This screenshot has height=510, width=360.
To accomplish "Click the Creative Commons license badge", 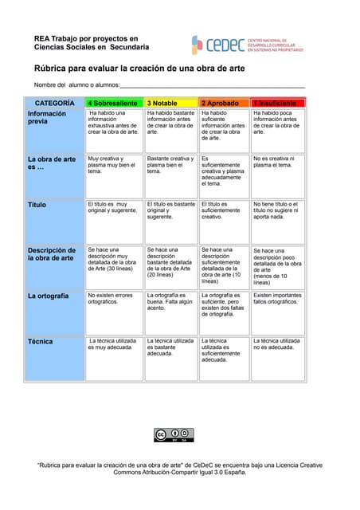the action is [174, 434].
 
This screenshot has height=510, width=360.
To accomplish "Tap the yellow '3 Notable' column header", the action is [170, 103].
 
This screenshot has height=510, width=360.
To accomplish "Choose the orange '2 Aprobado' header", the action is [223, 103].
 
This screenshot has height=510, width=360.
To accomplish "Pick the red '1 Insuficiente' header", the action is [276, 103].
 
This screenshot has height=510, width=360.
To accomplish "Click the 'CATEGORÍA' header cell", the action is [55, 103].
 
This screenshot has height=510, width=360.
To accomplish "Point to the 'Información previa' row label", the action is [48, 118].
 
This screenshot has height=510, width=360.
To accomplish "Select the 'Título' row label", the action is [37, 205].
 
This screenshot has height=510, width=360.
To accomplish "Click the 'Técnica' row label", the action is [41, 341].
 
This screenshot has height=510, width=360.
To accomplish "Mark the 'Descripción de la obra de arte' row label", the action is [52, 253].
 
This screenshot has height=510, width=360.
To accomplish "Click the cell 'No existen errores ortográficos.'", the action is [112, 299].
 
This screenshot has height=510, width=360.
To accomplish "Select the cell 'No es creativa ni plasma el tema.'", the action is [276, 162].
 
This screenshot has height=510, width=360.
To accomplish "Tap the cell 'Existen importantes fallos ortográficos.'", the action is [276, 299].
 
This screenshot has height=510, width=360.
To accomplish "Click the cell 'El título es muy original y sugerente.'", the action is [112, 208].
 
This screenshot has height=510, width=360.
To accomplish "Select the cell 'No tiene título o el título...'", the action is [276, 210].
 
